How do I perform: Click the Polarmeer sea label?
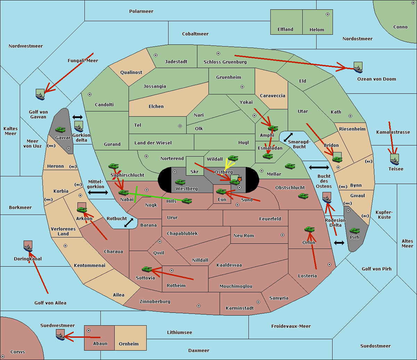[x=141, y=11]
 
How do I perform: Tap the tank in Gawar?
[x=60, y=129]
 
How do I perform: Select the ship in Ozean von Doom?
[x=358, y=67]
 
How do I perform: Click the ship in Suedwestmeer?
[x=60, y=335]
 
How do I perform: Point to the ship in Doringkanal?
[x=28, y=246]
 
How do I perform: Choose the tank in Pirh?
[x=355, y=231]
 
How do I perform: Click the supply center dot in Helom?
[x=328, y=14]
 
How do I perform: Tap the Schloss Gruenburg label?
[x=225, y=62]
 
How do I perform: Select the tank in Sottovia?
[x=147, y=269]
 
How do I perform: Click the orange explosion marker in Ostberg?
[x=240, y=179]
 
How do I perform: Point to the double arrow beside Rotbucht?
[x=129, y=223]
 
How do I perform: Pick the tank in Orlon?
[x=310, y=229]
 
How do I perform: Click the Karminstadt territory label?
[x=240, y=308]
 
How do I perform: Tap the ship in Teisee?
[x=394, y=160]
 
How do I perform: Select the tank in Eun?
[x=221, y=192]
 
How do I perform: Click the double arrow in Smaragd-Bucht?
[x=288, y=137]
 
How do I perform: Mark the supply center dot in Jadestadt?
[x=156, y=55]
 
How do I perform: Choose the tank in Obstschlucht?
[x=303, y=196]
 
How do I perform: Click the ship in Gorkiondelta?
[x=79, y=126]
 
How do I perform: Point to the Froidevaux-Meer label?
[x=291, y=326]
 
